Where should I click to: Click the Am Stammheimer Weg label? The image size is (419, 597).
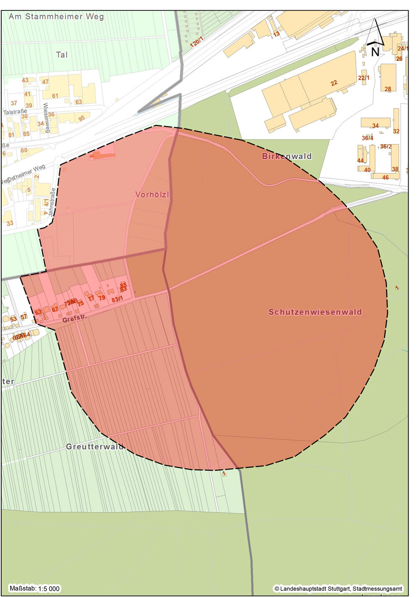56,17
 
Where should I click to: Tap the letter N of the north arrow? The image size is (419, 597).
375,52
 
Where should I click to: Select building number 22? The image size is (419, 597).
334,83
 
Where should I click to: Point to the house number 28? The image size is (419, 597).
388,89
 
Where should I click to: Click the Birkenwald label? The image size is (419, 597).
287,156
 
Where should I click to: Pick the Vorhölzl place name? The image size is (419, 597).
152,195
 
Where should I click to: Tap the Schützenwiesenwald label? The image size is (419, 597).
315,312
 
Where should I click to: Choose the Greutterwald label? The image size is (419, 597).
95,447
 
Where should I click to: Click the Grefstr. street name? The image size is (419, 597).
74,319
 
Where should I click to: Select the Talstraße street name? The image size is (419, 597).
15,112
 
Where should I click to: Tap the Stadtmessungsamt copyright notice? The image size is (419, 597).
339,589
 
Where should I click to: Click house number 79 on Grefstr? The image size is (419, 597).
102,298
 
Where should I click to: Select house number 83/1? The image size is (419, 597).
117,299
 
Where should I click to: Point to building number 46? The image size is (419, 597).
385,177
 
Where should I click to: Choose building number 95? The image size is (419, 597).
81,119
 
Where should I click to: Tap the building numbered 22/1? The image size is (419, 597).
364,78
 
